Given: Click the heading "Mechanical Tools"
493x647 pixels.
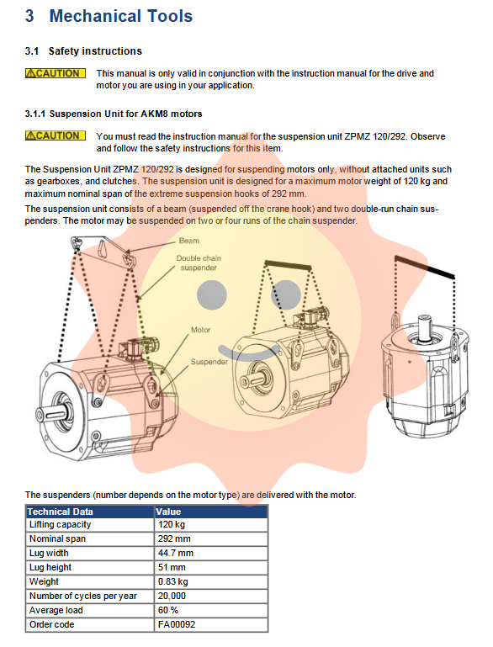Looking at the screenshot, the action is [121, 16].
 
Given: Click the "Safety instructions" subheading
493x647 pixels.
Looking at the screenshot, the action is [95, 51].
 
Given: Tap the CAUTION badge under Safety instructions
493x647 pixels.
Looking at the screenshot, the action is [56, 73].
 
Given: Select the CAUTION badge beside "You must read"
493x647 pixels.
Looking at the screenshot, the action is [56, 135].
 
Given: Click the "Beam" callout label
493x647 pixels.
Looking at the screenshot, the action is [189, 241].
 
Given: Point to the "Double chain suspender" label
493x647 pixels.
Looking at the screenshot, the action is [199, 263].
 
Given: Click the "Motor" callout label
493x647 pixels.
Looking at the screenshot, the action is [200, 330].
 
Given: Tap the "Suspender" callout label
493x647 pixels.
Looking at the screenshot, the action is [209, 362].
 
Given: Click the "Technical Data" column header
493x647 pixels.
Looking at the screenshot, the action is [61, 512].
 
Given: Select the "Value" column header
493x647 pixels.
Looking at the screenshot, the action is [168, 512].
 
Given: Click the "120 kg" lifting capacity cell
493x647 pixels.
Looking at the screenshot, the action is [172, 524].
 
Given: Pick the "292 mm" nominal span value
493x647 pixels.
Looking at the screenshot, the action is [174, 538].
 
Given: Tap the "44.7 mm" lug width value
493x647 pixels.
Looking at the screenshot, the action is [175, 553].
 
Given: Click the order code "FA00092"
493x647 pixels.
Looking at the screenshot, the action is [177, 624].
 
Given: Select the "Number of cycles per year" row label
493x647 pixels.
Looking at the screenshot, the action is [83, 596].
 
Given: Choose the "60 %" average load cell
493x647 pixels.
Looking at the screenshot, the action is [168, 610].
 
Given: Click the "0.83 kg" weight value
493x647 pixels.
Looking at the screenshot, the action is [172, 581].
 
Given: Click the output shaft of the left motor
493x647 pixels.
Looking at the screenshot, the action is [50, 413].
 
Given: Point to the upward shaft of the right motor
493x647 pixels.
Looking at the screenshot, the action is [425, 328].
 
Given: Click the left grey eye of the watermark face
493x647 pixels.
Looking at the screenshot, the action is [212, 295].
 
